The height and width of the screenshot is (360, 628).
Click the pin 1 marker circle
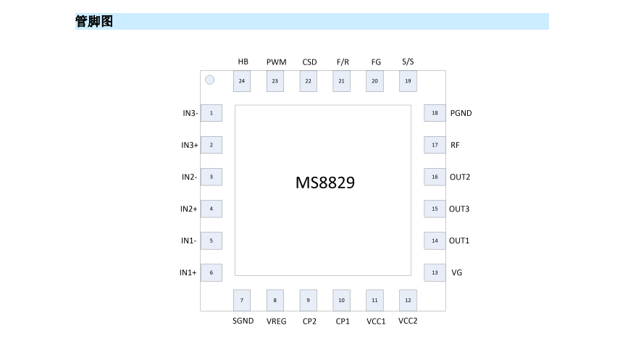point(209,80)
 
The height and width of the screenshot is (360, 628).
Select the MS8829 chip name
point(325,183)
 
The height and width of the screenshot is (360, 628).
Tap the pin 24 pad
point(242,81)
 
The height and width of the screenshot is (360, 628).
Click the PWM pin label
point(276,62)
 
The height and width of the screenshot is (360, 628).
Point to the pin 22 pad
point(309,81)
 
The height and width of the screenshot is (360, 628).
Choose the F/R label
point(343,62)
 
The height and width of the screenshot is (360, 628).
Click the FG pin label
point(376,62)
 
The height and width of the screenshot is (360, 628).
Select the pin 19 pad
point(409,81)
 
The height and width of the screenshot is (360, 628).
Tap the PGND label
point(461,113)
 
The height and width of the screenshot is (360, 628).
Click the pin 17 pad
point(435,145)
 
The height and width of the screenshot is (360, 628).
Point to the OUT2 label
point(460,177)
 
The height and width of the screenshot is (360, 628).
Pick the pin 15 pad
point(435,209)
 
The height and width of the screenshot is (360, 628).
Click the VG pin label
point(456,273)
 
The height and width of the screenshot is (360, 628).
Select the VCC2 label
point(408,321)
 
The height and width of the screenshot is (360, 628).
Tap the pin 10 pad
point(342,300)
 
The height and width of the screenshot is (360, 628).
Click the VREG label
point(276,321)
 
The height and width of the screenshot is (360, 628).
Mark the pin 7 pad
point(242,300)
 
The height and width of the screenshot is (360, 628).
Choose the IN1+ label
point(188,273)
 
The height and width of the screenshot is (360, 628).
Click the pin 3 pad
point(211,177)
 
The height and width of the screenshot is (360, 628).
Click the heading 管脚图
point(94,22)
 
